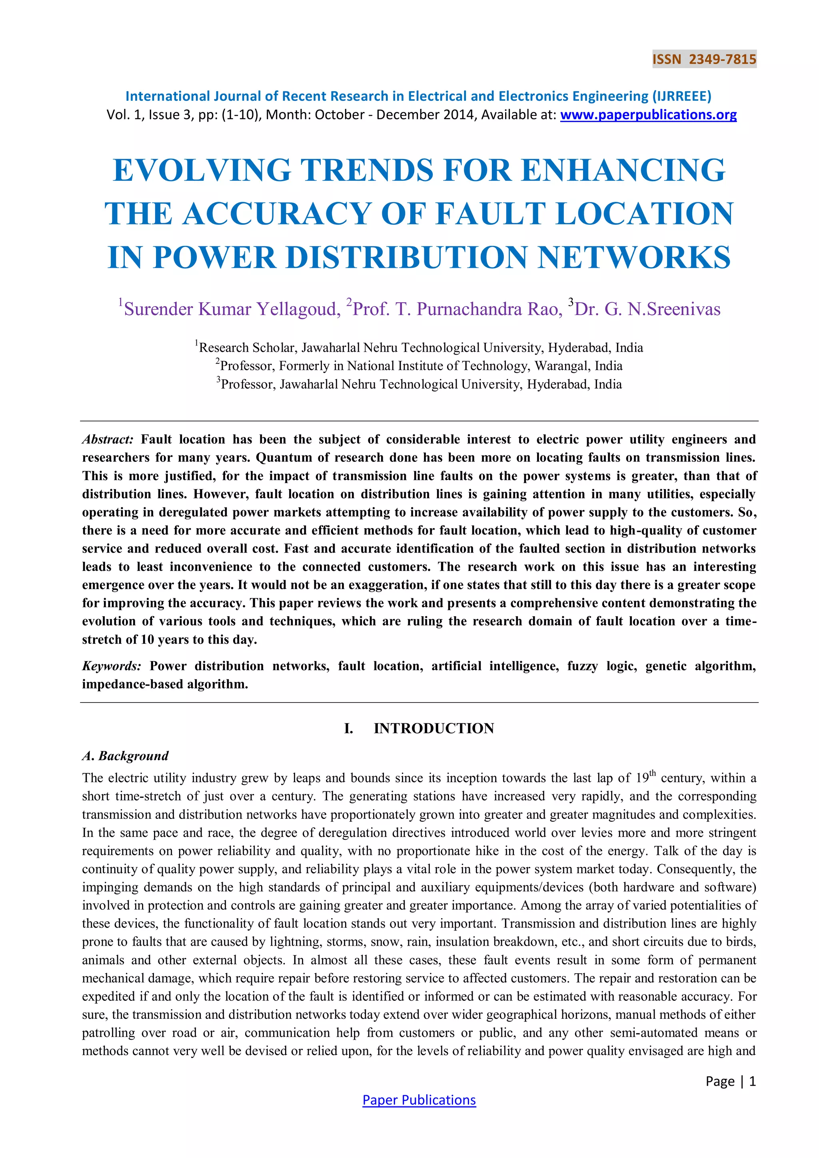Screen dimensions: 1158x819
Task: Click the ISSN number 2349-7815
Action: point(722,60)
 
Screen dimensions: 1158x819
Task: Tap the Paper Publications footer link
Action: point(419,1100)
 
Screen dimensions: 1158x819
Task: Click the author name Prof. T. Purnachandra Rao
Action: point(457,309)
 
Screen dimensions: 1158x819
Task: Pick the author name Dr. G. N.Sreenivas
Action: point(647,309)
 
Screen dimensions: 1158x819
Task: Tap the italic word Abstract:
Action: point(108,439)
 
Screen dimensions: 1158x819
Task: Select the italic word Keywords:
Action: point(112,666)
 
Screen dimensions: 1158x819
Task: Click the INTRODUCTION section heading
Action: point(434,728)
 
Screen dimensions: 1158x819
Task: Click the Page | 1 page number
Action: point(730,1081)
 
